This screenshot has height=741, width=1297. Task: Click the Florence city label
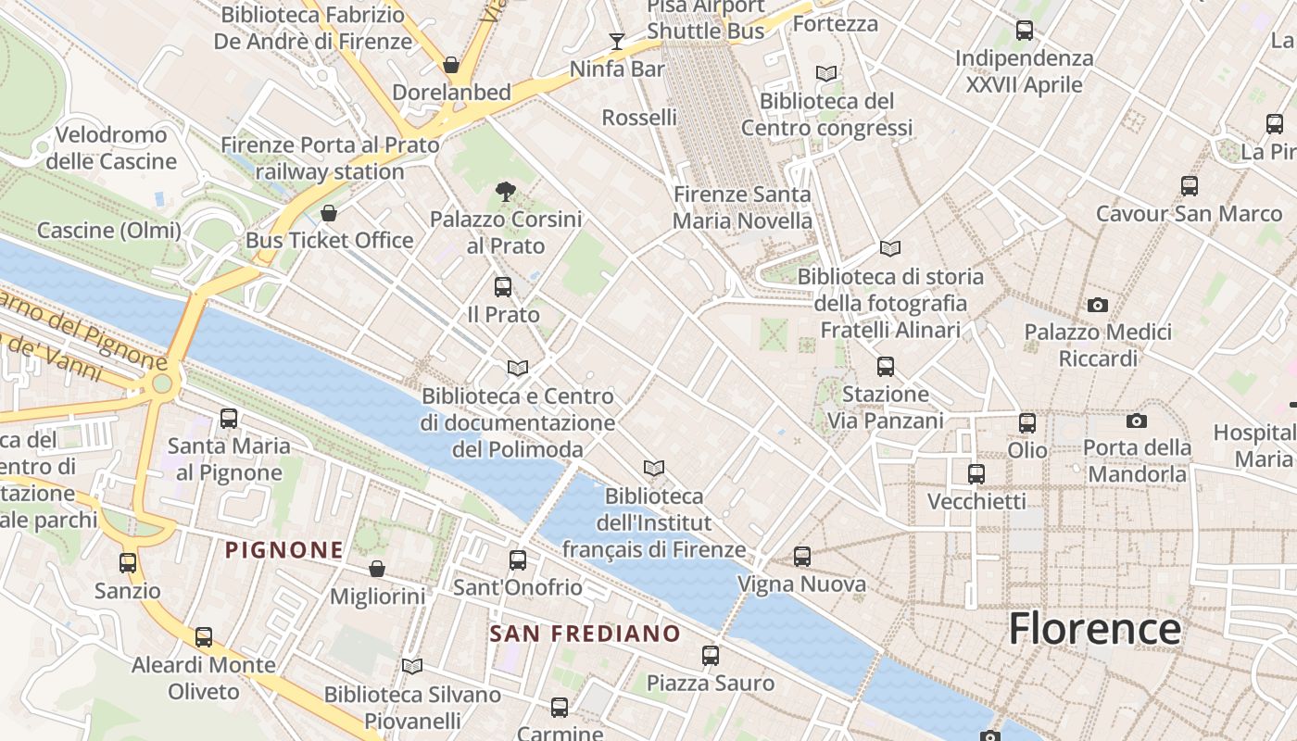[1094, 629]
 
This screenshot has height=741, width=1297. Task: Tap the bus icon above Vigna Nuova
[802, 557]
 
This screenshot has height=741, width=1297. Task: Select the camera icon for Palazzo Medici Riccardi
[1098, 305]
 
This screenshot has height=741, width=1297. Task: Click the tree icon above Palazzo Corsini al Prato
[506, 192]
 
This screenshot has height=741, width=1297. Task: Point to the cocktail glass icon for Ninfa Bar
[616, 41]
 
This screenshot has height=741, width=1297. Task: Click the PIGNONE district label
[284, 550]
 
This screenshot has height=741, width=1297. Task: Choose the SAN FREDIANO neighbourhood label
[585, 634]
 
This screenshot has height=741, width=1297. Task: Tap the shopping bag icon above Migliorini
[377, 568]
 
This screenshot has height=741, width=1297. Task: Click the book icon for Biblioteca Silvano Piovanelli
[412, 666]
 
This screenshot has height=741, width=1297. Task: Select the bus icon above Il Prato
[503, 286]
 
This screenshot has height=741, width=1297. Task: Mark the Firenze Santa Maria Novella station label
[742, 207]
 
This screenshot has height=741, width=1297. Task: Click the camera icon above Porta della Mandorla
[1137, 421]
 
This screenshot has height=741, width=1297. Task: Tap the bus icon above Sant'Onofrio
[518, 559]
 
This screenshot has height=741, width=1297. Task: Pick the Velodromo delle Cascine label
[111, 148]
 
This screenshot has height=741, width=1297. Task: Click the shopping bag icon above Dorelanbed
[451, 65]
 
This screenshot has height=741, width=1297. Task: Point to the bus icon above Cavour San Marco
[1190, 186]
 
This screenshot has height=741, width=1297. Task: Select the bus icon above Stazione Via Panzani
[886, 367]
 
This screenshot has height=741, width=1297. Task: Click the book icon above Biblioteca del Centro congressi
[826, 73]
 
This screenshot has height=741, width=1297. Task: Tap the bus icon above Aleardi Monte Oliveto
[204, 637]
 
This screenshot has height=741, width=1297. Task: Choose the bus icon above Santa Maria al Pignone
[229, 419]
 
